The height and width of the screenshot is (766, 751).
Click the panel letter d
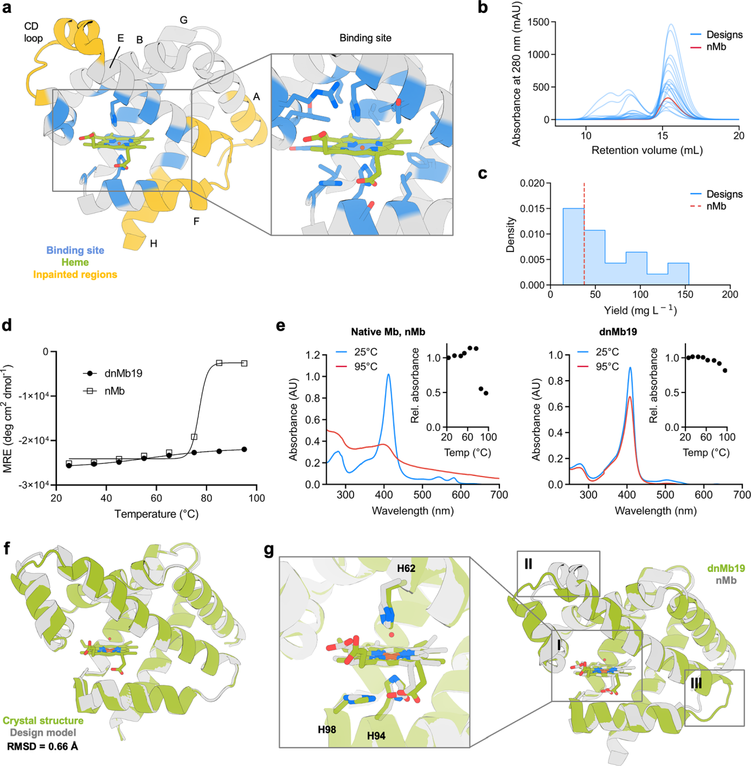pyautogui.click(x=7, y=325)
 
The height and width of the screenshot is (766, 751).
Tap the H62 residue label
pyautogui.click(x=406, y=568)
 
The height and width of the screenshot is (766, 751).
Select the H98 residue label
pyautogui.click(x=327, y=729)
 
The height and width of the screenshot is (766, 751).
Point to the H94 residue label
pyautogui.click(x=376, y=736)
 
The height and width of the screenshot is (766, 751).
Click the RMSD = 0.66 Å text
pyautogui.click(x=42, y=746)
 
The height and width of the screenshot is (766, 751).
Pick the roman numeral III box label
pyautogui.click(x=696, y=683)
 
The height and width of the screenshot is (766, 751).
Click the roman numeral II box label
pyautogui.click(x=528, y=564)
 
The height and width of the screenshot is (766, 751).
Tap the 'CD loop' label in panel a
pyautogui.click(x=33, y=32)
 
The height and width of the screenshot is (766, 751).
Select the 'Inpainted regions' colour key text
pyautogui.click(x=75, y=274)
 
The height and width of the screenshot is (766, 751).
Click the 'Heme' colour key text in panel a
pyautogui.click(x=75, y=263)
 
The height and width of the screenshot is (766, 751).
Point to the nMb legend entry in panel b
pyautogui.click(x=716, y=47)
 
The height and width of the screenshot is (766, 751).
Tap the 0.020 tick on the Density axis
pyautogui.click(x=533, y=183)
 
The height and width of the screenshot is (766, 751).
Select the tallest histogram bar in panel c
pyautogui.click(x=574, y=246)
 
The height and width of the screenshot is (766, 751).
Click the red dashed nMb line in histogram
pyautogui.click(x=584, y=234)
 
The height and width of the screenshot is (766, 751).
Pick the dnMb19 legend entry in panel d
pyautogui.click(x=123, y=373)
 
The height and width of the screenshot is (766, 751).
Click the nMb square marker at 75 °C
pyautogui.click(x=194, y=437)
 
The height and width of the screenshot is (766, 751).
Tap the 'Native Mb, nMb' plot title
pyautogui.click(x=388, y=332)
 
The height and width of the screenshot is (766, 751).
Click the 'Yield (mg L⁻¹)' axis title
pyautogui.click(x=640, y=310)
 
